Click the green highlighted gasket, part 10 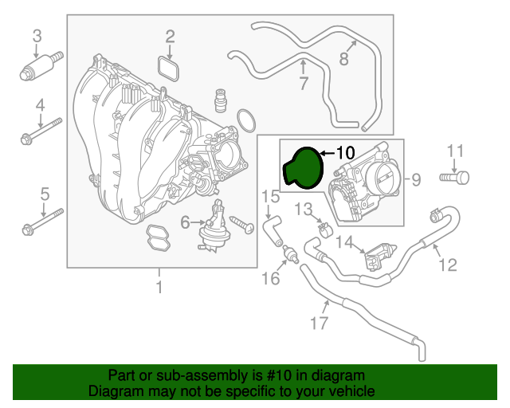pos(304,168)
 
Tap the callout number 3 pos(37,36)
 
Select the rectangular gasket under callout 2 pos(168,69)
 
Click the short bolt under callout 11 pos(454,178)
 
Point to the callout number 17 pos(319,323)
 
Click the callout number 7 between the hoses pos(303,84)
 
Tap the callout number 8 pos(343,59)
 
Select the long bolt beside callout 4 pos(41,131)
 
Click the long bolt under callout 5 pos(42,222)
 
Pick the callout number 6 pos(185,222)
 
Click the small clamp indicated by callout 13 pos(324,229)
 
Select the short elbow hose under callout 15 pos(273,231)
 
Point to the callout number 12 pos(448,265)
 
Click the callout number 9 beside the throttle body pos(416,179)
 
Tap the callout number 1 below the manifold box pos(159,288)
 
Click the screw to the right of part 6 pos(242,225)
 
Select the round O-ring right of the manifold pos(246,120)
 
